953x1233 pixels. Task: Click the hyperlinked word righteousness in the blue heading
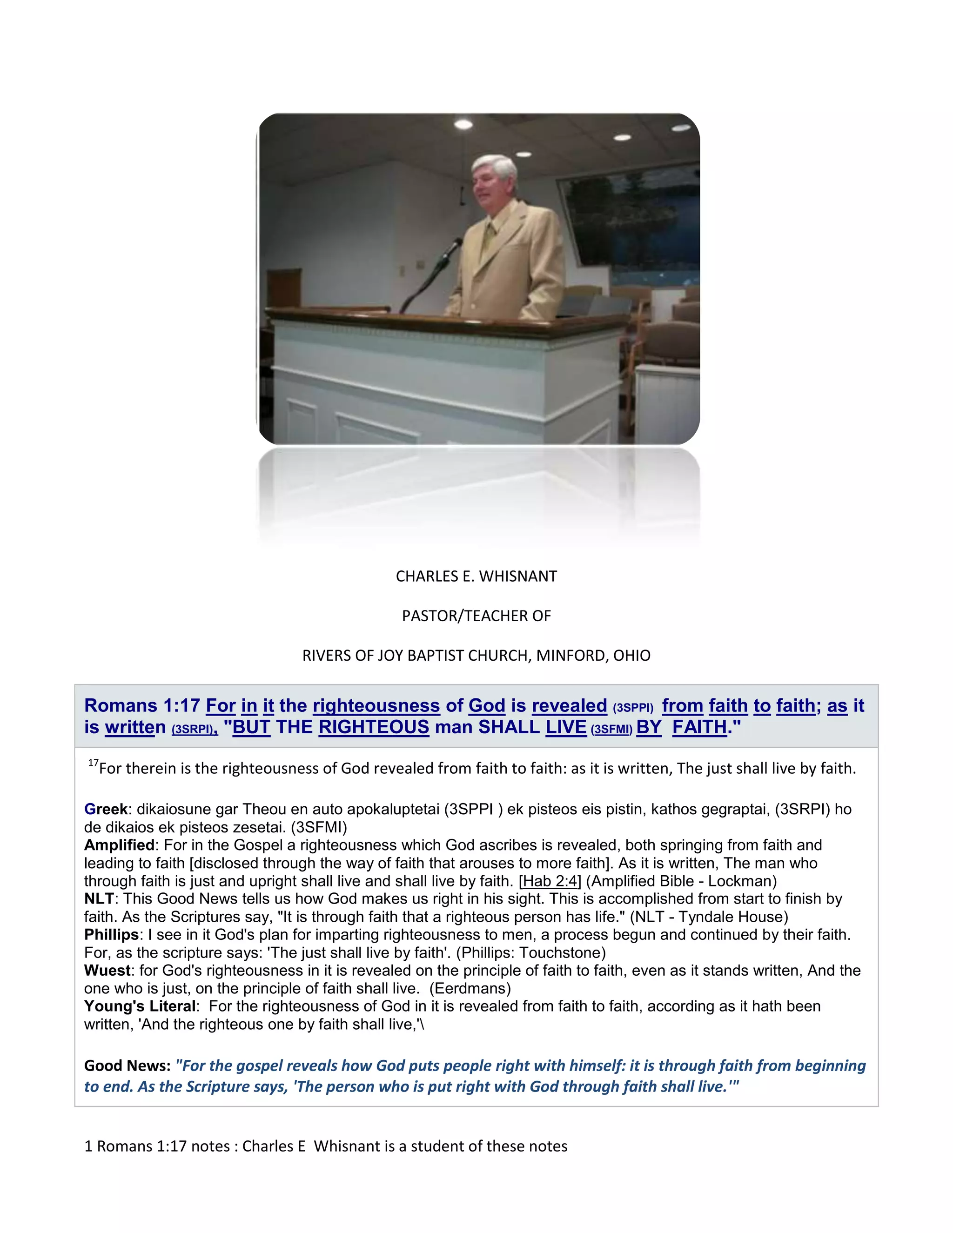click(x=376, y=706)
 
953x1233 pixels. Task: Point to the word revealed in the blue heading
click(x=569, y=706)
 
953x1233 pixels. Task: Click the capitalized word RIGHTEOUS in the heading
click(x=374, y=727)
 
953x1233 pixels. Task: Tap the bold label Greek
click(x=106, y=809)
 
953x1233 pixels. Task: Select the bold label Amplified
click(x=119, y=845)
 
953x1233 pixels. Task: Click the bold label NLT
click(x=99, y=899)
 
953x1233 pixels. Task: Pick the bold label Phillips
click(x=111, y=935)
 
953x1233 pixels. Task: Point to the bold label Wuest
click(x=107, y=971)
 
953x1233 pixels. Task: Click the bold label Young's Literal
click(x=140, y=1006)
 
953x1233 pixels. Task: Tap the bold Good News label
click(x=127, y=1066)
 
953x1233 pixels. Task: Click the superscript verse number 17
click(x=93, y=763)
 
